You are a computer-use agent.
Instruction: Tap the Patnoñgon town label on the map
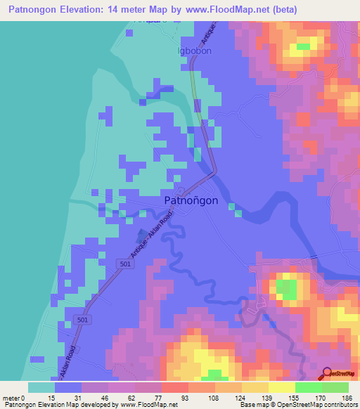click(191, 200)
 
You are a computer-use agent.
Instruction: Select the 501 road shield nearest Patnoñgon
click(124, 264)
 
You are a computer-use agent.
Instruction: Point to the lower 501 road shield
click(82, 320)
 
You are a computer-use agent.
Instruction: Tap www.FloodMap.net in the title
click(229, 10)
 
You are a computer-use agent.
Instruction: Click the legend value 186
click(347, 397)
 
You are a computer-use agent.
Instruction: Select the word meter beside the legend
click(11, 397)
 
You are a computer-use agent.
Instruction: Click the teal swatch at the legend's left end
click(41, 387)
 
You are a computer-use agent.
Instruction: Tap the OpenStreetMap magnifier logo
click(327, 373)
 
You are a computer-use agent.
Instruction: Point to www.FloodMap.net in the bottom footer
click(151, 405)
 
